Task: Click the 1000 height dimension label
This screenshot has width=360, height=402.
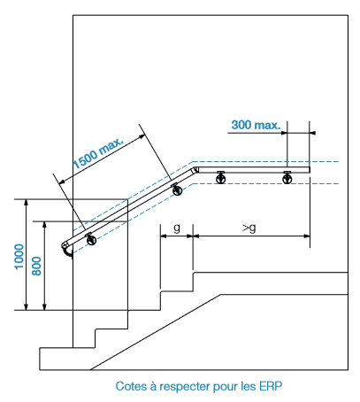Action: point(19,257)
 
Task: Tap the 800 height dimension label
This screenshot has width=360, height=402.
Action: point(36,267)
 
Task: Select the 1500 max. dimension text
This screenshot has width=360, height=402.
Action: point(97,152)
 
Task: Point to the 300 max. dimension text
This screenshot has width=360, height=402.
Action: point(256,125)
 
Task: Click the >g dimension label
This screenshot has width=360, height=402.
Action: point(249,228)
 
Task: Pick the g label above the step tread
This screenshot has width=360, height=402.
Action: point(177,228)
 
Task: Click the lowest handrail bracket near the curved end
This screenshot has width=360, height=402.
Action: point(91,239)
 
